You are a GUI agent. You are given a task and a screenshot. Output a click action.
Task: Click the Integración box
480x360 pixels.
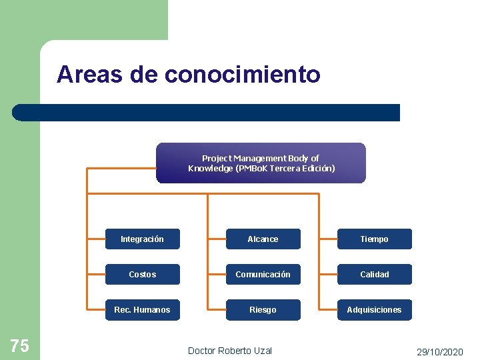[142, 239]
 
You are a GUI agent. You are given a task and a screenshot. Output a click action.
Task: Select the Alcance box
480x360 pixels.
[263, 239]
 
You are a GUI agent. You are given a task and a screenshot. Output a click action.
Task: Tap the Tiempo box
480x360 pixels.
[374, 239]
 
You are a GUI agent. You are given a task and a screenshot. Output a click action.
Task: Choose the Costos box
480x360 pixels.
[142, 275]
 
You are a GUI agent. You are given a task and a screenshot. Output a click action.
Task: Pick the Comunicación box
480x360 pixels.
[263, 275]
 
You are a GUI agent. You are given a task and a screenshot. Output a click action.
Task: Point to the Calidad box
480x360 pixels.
[374, 275]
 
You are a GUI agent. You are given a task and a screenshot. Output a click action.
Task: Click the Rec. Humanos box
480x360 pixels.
[142, 310]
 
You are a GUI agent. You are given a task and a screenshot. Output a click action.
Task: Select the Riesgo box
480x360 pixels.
[263, 310]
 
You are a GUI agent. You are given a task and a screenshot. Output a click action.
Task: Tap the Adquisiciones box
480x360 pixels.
[374, 310]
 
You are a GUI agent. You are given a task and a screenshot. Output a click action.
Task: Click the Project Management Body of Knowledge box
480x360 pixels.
[261, 163]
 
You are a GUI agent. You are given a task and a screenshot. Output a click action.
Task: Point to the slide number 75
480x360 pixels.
[20, 345]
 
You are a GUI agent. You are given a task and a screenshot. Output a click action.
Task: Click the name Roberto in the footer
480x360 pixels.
[235, 351]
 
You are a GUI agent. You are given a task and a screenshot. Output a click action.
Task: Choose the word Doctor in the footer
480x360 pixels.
[201, 351]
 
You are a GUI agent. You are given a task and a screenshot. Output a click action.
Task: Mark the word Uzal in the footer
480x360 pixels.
[264, 351]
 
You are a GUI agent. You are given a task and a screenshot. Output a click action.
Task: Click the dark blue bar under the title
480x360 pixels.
[207, 113]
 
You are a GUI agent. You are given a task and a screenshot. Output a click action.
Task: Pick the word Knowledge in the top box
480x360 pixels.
[209, 168]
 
